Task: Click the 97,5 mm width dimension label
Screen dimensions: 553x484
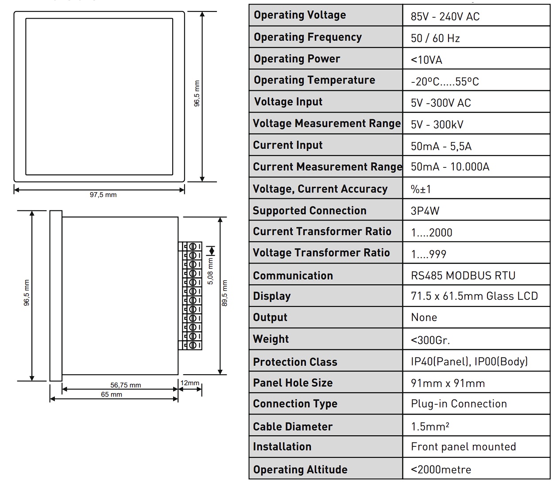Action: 103,194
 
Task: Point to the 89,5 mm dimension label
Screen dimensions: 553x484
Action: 224,293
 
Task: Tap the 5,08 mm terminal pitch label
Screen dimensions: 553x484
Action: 210,271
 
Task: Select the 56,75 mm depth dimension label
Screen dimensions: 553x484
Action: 125,385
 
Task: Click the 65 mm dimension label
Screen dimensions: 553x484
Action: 112,394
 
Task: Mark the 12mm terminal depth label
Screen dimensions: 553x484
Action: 190,383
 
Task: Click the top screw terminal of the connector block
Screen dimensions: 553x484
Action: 193,247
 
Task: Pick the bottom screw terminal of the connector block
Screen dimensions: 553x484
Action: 193,345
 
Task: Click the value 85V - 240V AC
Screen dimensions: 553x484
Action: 445,16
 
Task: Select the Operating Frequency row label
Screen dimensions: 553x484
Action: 308,37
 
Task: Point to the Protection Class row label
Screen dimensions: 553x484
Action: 295,362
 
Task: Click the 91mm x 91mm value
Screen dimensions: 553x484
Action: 448,383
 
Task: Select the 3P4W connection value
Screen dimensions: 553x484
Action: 425,210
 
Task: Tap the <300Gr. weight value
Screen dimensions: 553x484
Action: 430,340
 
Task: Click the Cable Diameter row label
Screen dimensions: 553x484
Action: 293,426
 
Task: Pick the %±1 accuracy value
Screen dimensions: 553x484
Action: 421,189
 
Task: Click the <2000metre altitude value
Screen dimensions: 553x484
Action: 441,470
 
